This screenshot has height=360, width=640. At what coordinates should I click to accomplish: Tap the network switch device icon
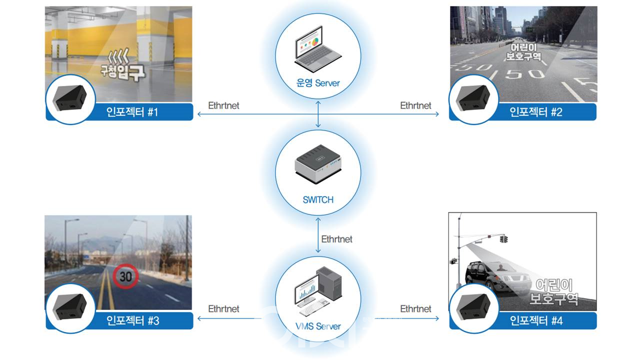pos(317,162)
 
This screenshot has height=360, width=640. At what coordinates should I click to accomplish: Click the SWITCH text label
pos(318,199)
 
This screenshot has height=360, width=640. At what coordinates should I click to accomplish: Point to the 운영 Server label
pos(317,82)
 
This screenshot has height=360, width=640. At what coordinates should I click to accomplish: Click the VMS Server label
pos(317,326)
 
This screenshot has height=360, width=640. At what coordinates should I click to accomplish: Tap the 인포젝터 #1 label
pos(132,112)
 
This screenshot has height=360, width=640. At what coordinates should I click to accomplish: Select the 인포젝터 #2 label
pos(536,112)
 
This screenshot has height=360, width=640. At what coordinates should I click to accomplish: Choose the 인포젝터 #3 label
pos(132,320)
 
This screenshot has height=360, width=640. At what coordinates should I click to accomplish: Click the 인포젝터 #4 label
pos(536,320)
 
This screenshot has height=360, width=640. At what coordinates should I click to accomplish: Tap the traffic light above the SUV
pos(503,239)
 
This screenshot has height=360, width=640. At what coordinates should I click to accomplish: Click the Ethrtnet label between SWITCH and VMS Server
pos(336,239)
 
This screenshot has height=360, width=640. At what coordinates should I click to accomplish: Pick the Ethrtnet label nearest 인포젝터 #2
pos(415,105)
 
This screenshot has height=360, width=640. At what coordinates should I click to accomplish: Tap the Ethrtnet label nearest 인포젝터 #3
pos(223,309)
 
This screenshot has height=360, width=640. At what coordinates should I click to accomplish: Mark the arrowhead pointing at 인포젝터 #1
pos(199,114)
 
